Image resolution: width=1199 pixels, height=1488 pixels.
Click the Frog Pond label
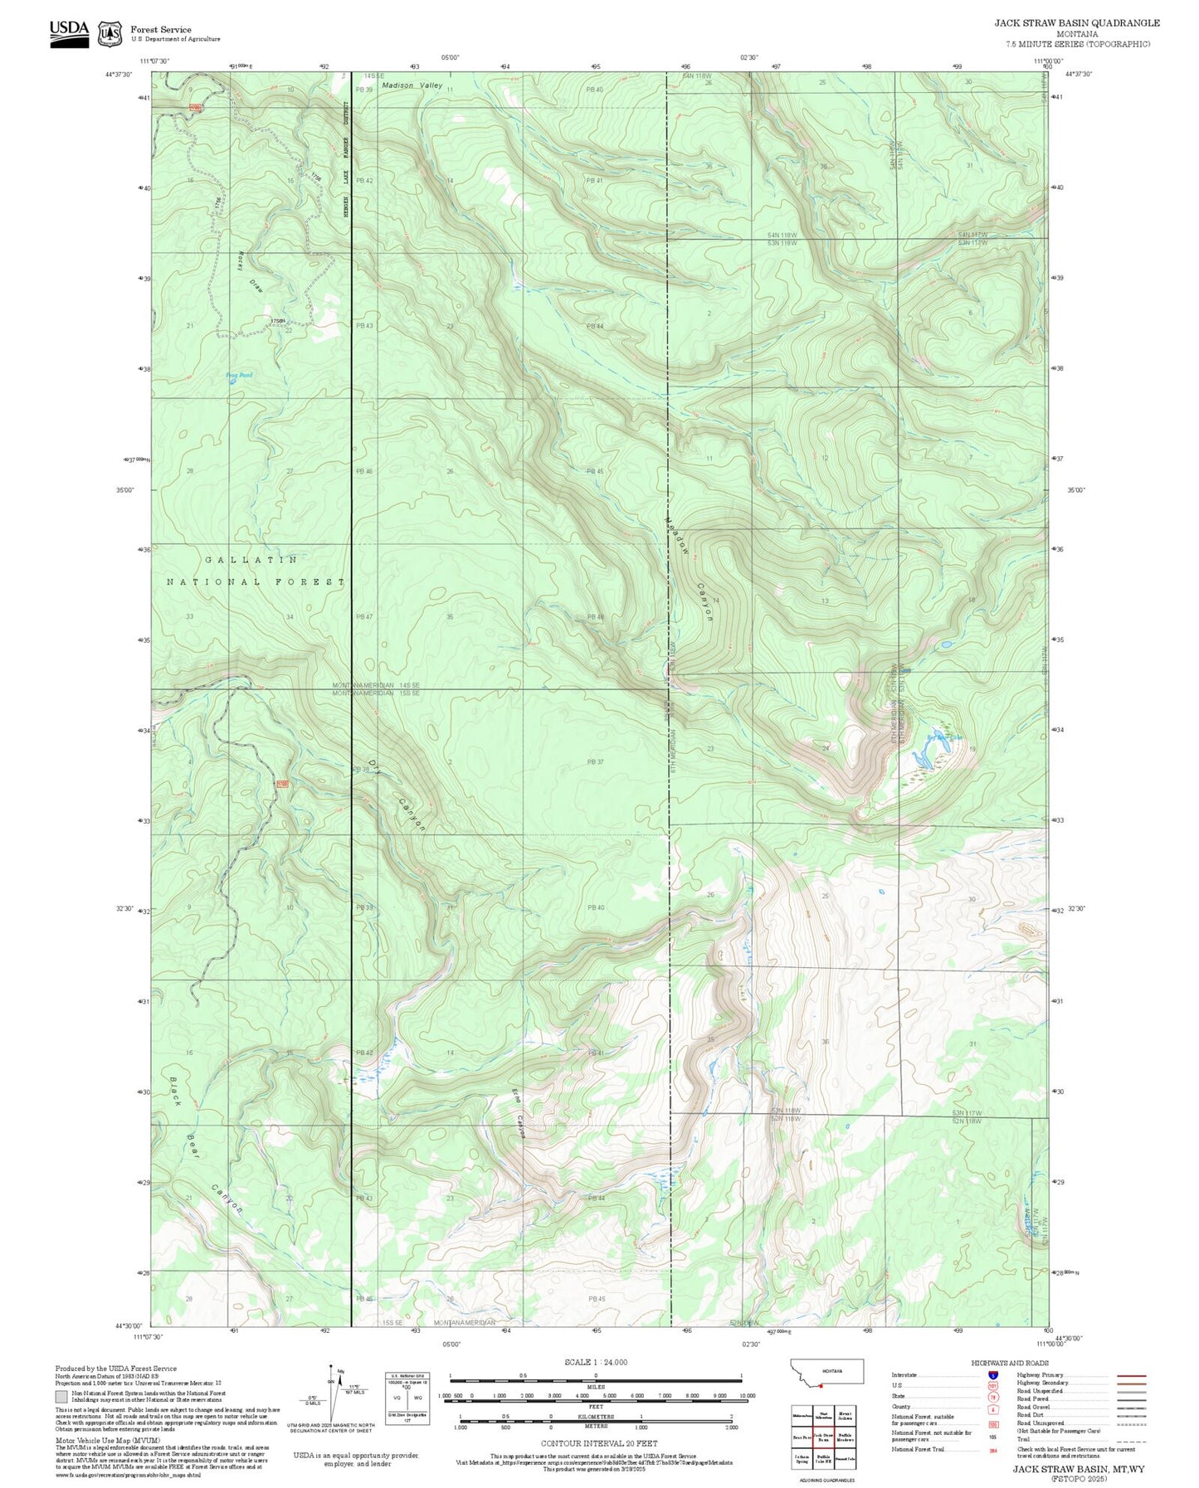[239, 375]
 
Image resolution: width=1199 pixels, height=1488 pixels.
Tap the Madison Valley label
[412, 85]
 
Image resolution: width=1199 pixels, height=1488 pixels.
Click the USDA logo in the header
[70, 32]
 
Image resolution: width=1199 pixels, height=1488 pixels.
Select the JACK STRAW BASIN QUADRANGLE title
[1076, 23]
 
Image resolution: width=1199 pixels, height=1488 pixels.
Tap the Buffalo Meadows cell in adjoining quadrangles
[844, 1437]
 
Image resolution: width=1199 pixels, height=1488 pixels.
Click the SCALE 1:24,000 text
[595, 1362]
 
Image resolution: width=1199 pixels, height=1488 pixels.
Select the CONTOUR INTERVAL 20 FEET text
[598, 1443]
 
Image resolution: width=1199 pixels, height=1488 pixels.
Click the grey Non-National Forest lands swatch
[61, 1396]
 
